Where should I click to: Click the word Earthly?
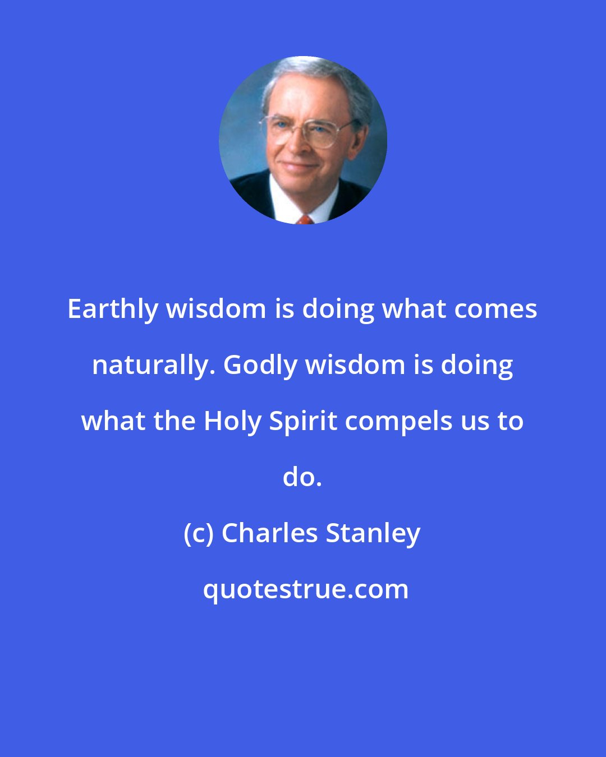click(112, 310)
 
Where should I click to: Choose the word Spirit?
click(303, 422)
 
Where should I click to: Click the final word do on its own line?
click(302, 477)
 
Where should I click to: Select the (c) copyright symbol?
click(199, 533)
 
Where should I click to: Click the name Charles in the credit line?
click(270, 533)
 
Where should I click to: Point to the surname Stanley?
click(373, 533)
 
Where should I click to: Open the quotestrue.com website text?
click(306, 589)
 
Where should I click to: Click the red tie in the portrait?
click(305, 219)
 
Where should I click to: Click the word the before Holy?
click(172, 421)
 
